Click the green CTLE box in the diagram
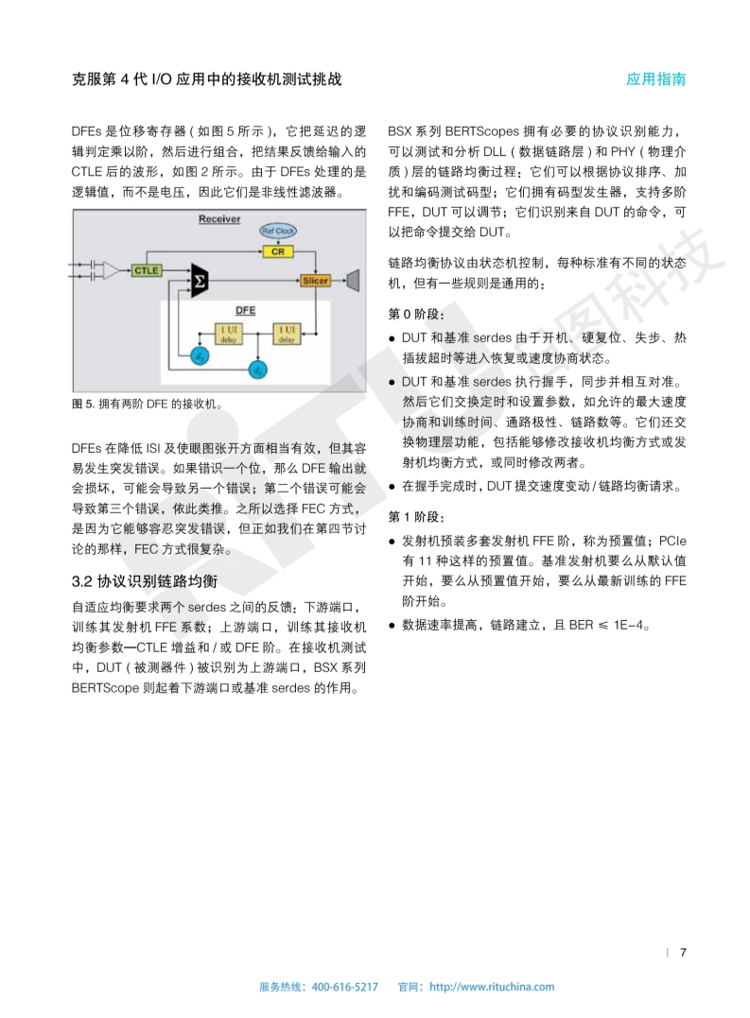[x=147, y=270]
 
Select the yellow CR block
[x=277, y=251]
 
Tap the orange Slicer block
[x=315, y=281]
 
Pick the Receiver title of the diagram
[x=218, y=219]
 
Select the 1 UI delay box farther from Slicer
[x=227, y=332]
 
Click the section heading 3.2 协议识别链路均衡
[x=145, y=579]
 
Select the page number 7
[x=683, y=952]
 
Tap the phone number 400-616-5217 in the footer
[x=344, y=987]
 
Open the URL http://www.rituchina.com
[x=492, y=987]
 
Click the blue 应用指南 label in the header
[x=655, y=79]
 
